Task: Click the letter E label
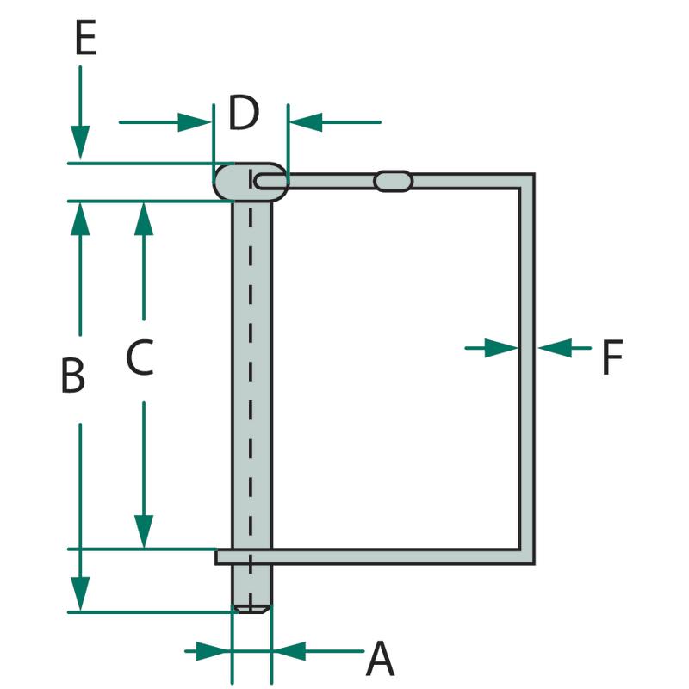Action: pos(85,39)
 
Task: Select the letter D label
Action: pos(244,113)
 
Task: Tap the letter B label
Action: pos(73,376)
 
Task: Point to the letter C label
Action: pos(140,357)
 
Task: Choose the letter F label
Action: pos(612,357)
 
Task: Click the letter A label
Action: pos(381,659)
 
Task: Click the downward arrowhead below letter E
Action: pos(80,142)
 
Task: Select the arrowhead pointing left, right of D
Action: pos(306,122)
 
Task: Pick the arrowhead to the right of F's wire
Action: pos(555,348)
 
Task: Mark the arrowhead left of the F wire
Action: pos(502,348)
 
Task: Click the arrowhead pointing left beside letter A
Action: pos(289,651)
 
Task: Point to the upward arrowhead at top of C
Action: pos(144,219)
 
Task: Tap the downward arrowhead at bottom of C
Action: pos(144,531)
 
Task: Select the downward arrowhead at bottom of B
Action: pos(80,594)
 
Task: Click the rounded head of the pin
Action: pos(251,182)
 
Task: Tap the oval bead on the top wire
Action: pos(394,181)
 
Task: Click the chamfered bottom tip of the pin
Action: pos(251,609)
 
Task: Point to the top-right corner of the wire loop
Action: pos(534,174)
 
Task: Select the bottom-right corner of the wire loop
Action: pos(534,564)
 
